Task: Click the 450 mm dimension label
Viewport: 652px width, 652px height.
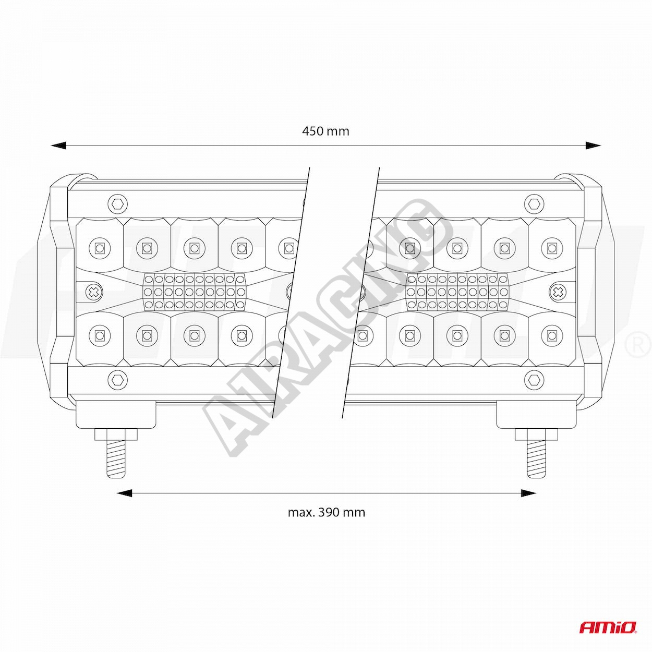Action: (325, 131)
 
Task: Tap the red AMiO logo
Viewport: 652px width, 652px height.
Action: (608, 627)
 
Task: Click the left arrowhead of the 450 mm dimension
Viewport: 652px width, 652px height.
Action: (58, 146)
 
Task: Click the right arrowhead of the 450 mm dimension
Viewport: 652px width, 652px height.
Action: (594, 146)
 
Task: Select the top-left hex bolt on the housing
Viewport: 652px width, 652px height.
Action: (118, 204)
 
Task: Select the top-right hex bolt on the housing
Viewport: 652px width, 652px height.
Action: (534, 204)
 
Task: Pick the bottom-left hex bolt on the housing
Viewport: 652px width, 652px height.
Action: (118, 380)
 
